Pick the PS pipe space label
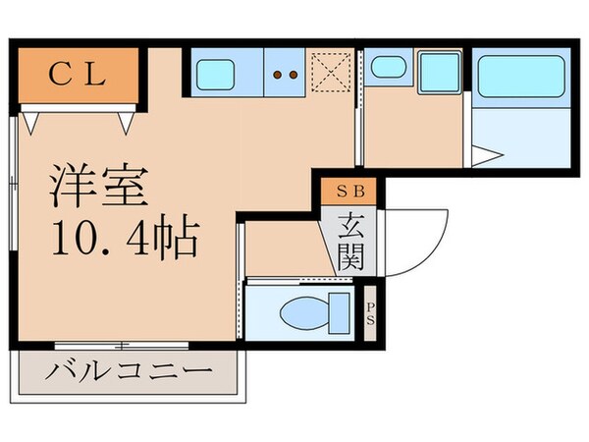tap(369, 314)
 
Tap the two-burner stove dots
tap(286, 74)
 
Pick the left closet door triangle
tap(32, 121)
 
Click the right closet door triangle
tap(125, 121)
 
